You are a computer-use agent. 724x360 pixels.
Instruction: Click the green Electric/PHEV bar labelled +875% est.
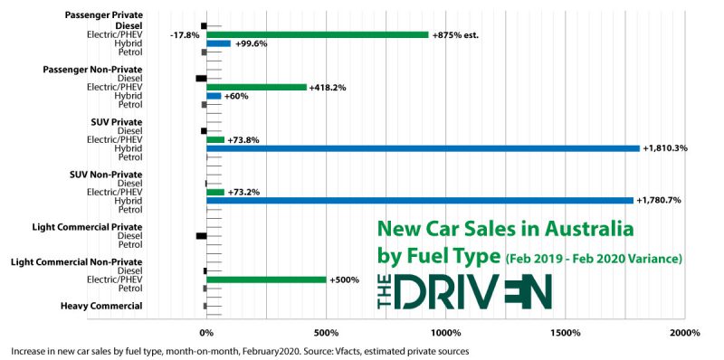click(x=317, y=34)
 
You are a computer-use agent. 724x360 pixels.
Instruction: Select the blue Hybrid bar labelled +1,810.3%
click(x=423, y=148)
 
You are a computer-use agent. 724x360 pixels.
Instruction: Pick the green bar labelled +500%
click(x=266, y=279)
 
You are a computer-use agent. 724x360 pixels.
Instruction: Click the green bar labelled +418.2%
click(x=257, y=87)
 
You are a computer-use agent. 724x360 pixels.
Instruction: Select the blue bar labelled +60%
click(x=214, y=96)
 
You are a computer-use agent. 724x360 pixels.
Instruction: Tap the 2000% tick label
click(x=684, y=332)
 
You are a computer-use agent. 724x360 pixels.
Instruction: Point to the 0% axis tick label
click(x=206, y=332)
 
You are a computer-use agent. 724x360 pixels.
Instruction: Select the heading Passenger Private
click(x=104, y=16)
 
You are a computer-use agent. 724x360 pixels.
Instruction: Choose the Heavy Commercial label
click(x=101, y=306)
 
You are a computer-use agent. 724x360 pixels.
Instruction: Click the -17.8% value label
click(x=184, y=35)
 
